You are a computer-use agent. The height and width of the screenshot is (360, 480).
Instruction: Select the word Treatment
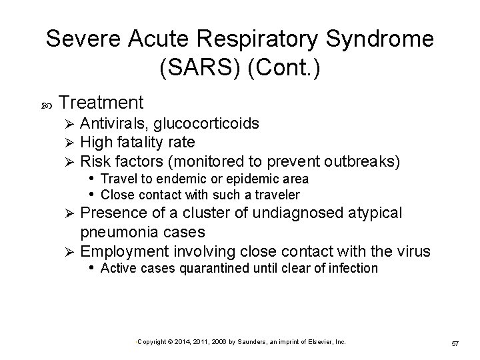[x=101, y=103]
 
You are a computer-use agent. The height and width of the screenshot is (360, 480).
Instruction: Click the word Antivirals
[x=114, y=123]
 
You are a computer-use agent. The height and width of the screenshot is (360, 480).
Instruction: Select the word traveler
[x=275, y=195]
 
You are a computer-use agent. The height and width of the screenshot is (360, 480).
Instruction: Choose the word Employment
[x=125, y=251]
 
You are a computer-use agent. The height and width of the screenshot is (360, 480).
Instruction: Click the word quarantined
[x=204, y=269]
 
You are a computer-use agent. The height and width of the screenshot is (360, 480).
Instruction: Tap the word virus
[x=413, y=251]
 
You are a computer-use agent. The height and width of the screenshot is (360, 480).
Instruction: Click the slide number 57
[x=456, y=343]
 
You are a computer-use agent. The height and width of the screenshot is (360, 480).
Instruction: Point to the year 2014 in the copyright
[x=182, y=341]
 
